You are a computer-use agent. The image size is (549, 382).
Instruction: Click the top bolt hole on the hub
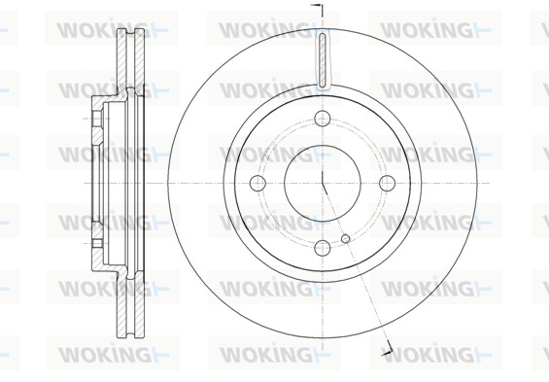pyautogui.click(x=323, y=118)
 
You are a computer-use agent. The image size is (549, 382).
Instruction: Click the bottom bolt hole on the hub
pyautogui.click(x=323, y=248)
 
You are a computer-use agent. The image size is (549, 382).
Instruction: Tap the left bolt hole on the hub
pyautogui.click(x=258, y=183)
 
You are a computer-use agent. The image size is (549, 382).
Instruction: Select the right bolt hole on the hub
pyautogui.click(x=387, y=183)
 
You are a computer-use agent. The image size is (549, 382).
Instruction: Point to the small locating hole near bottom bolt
pyautogui.click(x=345, y=238)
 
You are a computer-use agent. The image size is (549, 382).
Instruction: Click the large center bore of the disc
pyautogui.click(x=323, y=183)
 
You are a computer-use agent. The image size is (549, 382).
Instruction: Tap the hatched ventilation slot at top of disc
pyautogui.click(x=323, y=59)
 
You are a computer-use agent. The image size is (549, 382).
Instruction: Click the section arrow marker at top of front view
pyautogui.click(x=318, y=11)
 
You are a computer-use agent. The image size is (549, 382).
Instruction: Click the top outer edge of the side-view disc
pyautogui.click(x=130, y=29)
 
